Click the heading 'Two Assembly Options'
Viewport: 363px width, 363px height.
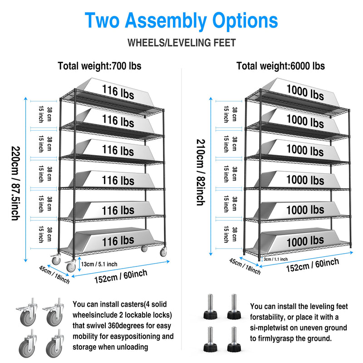(181, 21)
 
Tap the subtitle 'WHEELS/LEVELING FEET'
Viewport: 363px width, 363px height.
(181, 43)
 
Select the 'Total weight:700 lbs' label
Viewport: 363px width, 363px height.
(99, 66)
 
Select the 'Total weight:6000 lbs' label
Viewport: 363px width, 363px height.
(280, 66)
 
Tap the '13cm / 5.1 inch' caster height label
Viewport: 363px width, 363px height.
(99, 264)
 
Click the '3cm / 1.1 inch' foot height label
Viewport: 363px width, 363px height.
(275, 259)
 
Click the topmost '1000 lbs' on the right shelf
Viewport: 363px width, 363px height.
(305, 93)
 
